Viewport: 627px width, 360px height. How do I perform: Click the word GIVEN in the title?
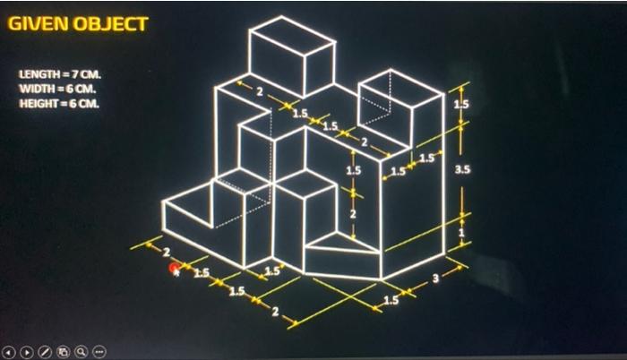(x=38, y=24)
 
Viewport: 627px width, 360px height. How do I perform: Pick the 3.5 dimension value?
(x=462, y=169)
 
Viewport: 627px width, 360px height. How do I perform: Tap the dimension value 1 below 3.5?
(x=461, y=233)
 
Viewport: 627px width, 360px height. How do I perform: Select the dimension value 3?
(x=435, y=278)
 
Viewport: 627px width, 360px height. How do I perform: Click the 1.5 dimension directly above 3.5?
(x=461, y=105)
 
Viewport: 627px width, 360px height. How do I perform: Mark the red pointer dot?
(x=174, y=268)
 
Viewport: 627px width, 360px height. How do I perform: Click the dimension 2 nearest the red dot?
(x=167, y=252)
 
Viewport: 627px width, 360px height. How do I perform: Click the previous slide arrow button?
(x=9, y=353)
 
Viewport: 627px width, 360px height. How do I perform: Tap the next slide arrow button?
(x=27, y=353)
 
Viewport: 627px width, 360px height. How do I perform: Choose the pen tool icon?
(x=45, y=352)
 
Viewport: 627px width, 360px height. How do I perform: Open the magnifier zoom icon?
(x=82, y=352)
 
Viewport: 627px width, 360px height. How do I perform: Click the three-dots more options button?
(x=99, y=352)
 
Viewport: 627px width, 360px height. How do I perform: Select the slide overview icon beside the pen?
(x=64, y=352)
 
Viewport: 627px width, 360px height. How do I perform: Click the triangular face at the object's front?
(x=339, y=243)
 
